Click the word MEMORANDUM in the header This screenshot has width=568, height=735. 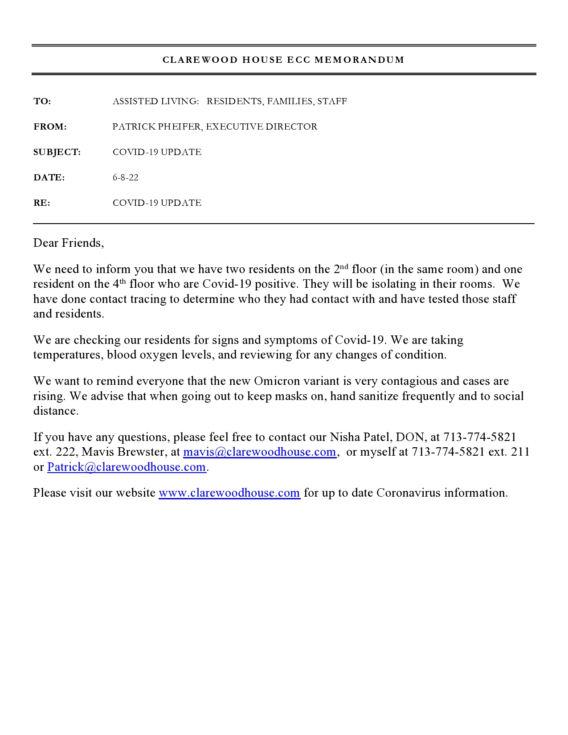click(360, 60)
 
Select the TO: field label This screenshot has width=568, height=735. click(42, 101)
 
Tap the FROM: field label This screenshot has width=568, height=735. click(50, 127)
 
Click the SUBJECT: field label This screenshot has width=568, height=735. click(57, 152)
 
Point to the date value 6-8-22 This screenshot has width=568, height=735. click(125, 177)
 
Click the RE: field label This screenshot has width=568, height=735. click(41, 203)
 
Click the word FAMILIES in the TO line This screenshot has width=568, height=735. click(290, 101)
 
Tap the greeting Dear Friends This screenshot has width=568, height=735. click(68, 243)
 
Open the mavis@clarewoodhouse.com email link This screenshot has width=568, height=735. click(259, 452)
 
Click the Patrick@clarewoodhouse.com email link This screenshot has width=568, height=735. click(127, 467)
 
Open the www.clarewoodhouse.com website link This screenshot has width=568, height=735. click(229, 493)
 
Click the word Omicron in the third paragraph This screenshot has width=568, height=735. click(274, 381)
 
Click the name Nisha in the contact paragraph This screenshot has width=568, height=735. click(344, 437)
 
